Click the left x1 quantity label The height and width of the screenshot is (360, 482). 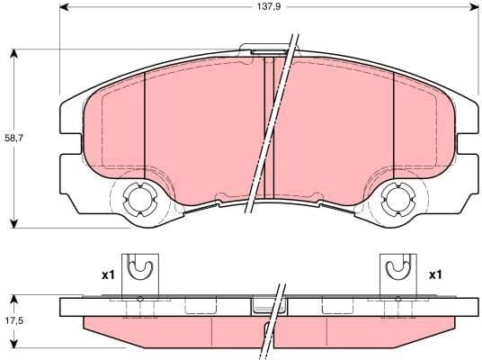click(107, 274)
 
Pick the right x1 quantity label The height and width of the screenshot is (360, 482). click(434, 274)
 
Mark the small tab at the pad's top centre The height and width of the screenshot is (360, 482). click(267, 53)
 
